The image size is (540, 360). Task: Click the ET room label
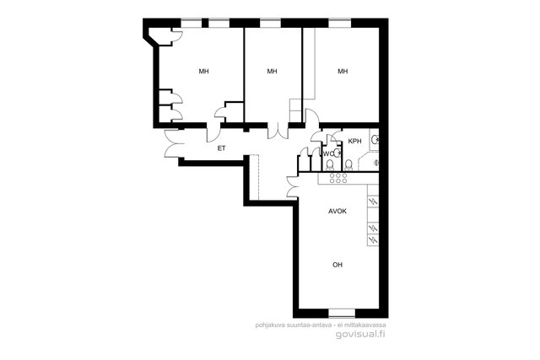pos(221,148)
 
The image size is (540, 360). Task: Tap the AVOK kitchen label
pos(337,212)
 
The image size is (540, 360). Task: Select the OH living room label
pos(337,265)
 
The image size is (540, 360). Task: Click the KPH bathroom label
pos(354,141)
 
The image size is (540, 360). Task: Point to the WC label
pos(328,153)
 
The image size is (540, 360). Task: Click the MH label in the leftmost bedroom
pos(203,72)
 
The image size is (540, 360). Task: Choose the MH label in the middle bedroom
pos(272,72)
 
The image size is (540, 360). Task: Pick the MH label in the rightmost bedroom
pos(343,72)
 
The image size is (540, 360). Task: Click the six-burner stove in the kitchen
pos(338,178)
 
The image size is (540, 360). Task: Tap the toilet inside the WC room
pos(330,165)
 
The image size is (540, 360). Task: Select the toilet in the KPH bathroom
pos(348,165)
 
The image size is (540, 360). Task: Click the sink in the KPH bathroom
pos(375,140)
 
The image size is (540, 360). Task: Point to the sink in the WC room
pos(337,153)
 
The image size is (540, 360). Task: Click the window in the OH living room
pos(342,313)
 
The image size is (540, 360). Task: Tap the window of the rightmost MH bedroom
pos(339,23)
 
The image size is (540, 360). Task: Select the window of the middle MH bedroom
pos(270,23)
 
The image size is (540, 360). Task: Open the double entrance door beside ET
pos(170,143)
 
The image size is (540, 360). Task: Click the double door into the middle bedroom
pos(278,132)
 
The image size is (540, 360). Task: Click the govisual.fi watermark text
pos(360,334)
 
